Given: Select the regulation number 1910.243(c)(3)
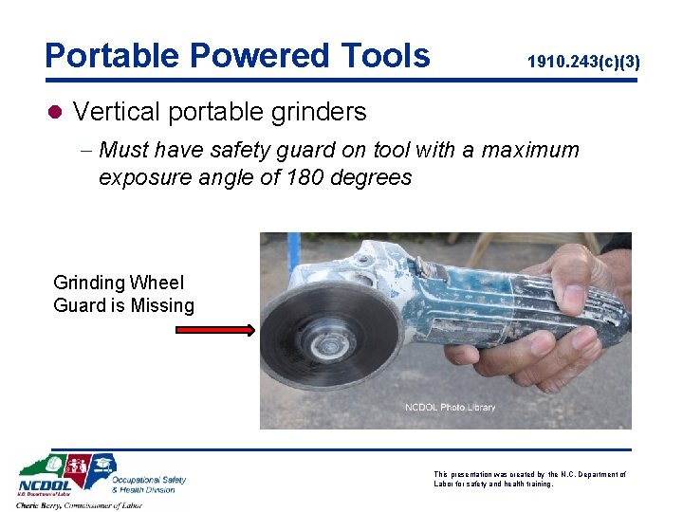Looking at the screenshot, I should click(x=583, y=62).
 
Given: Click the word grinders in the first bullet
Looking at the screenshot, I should click(x=321, y=112).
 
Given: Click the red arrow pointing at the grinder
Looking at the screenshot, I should click(x=214, y=330).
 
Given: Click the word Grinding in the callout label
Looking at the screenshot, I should click(x=86, y=283).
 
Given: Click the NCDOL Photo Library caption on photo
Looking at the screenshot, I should click(x=450, y=408).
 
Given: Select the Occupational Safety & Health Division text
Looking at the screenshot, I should click(x=150, y=485).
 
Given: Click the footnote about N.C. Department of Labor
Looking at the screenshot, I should click(x=528, y=479).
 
